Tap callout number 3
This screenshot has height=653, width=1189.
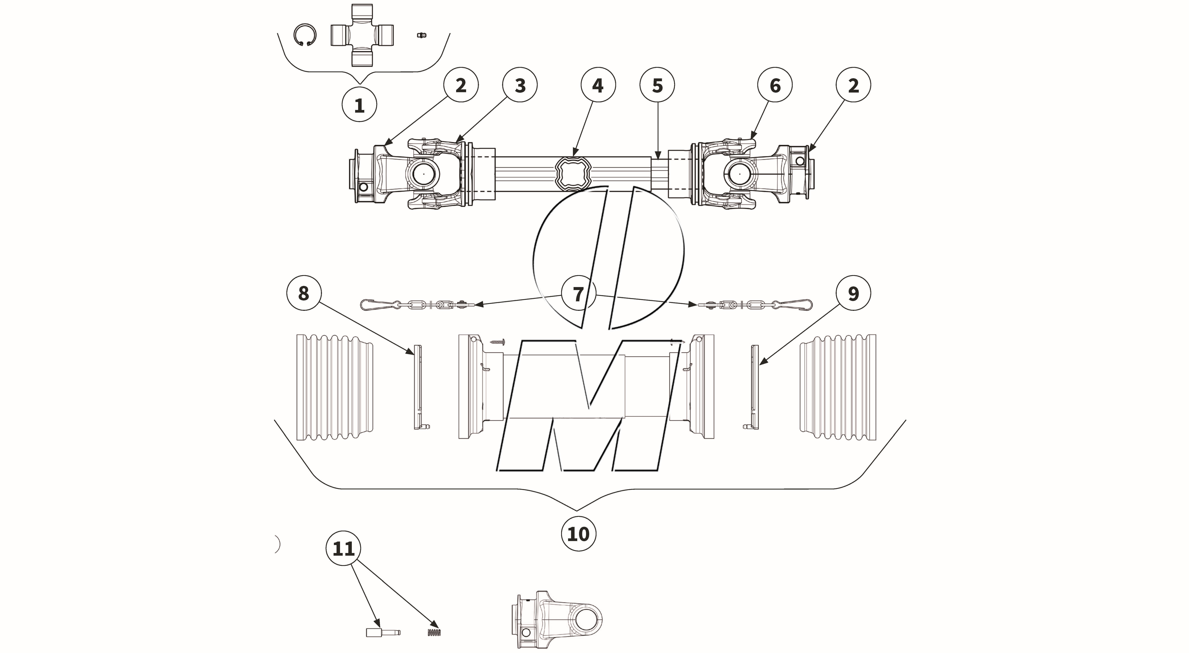[x=520, y=85]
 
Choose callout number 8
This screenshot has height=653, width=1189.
[x=303, y=293]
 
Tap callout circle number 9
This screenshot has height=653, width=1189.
[x=853, y=293]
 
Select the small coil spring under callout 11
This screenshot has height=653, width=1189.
[x=434, y=632]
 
